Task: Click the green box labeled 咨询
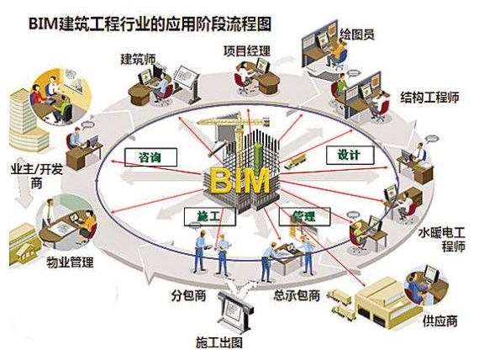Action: [150, 157]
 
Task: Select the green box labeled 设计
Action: [350, 155]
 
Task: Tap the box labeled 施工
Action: [210, 216]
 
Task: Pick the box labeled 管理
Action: [304, 216]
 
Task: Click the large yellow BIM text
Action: [240, 181]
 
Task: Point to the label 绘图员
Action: [357, 34]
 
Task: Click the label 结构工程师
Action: [429, 98]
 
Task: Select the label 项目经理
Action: [247, 50]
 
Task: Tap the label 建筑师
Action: [139, 59]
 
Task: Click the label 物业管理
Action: [70, 262]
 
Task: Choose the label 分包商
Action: [189, 295]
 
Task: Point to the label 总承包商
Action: [297, 295]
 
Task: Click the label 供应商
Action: [440, 320]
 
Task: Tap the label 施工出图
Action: [219, 342]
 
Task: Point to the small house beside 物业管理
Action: [24, 245]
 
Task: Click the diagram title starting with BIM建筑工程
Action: [150, 24]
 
